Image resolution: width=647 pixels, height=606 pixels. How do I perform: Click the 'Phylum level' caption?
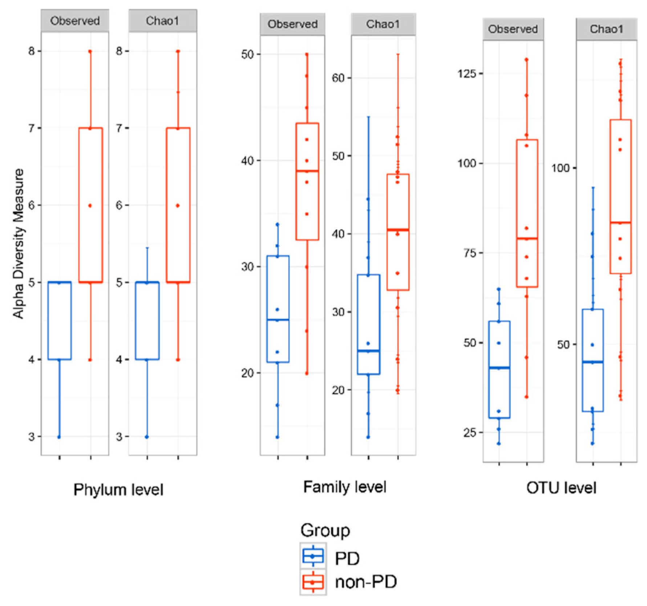coord(118,490)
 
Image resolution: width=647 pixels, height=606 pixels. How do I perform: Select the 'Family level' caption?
coord(344,487)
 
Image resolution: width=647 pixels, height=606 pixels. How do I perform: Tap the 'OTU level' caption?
coord(561,487)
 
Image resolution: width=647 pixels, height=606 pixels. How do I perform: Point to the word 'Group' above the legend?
coord(325,530)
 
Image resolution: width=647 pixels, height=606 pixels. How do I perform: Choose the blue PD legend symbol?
coord(313,556)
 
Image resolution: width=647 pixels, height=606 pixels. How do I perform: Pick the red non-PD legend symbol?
coord(313,582)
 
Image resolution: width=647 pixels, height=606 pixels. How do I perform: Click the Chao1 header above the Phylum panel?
coord(162,21)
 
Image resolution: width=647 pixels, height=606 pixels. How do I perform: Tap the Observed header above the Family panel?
coord(292,24)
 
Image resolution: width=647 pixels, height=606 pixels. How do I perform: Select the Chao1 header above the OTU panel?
coord(606,29)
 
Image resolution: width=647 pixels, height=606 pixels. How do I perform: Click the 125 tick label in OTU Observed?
coord(466,73)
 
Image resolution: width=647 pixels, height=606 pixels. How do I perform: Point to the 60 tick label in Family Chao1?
coord(338,78)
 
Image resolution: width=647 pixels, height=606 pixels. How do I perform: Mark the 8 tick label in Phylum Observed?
coord(32,51)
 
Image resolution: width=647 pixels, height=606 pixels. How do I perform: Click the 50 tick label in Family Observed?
coord(247,55)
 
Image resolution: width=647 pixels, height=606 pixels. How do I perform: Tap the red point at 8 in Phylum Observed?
coord(90,52)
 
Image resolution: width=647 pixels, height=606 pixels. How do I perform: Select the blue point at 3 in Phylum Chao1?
coord(147,437)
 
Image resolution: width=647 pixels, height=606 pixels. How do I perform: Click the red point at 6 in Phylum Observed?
coord(90,206)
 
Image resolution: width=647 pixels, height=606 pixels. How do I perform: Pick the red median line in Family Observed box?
coord(307,171)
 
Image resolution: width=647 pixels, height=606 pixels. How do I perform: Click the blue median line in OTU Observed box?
coord(499,368)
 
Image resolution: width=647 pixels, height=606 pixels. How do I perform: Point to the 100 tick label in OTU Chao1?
coord(561,168)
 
